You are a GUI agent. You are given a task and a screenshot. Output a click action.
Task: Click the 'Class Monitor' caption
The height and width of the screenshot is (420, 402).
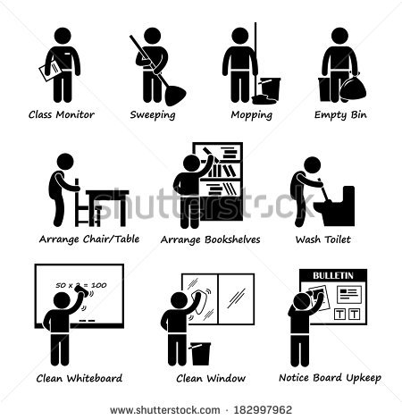click(62, 114)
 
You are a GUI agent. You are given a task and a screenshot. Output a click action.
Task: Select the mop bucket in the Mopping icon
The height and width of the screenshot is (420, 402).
click(269, 88)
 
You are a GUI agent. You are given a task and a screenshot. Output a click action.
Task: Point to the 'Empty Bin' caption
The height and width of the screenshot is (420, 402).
click(341, 114)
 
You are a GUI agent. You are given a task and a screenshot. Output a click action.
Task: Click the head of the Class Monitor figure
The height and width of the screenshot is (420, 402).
click(63, 36)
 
